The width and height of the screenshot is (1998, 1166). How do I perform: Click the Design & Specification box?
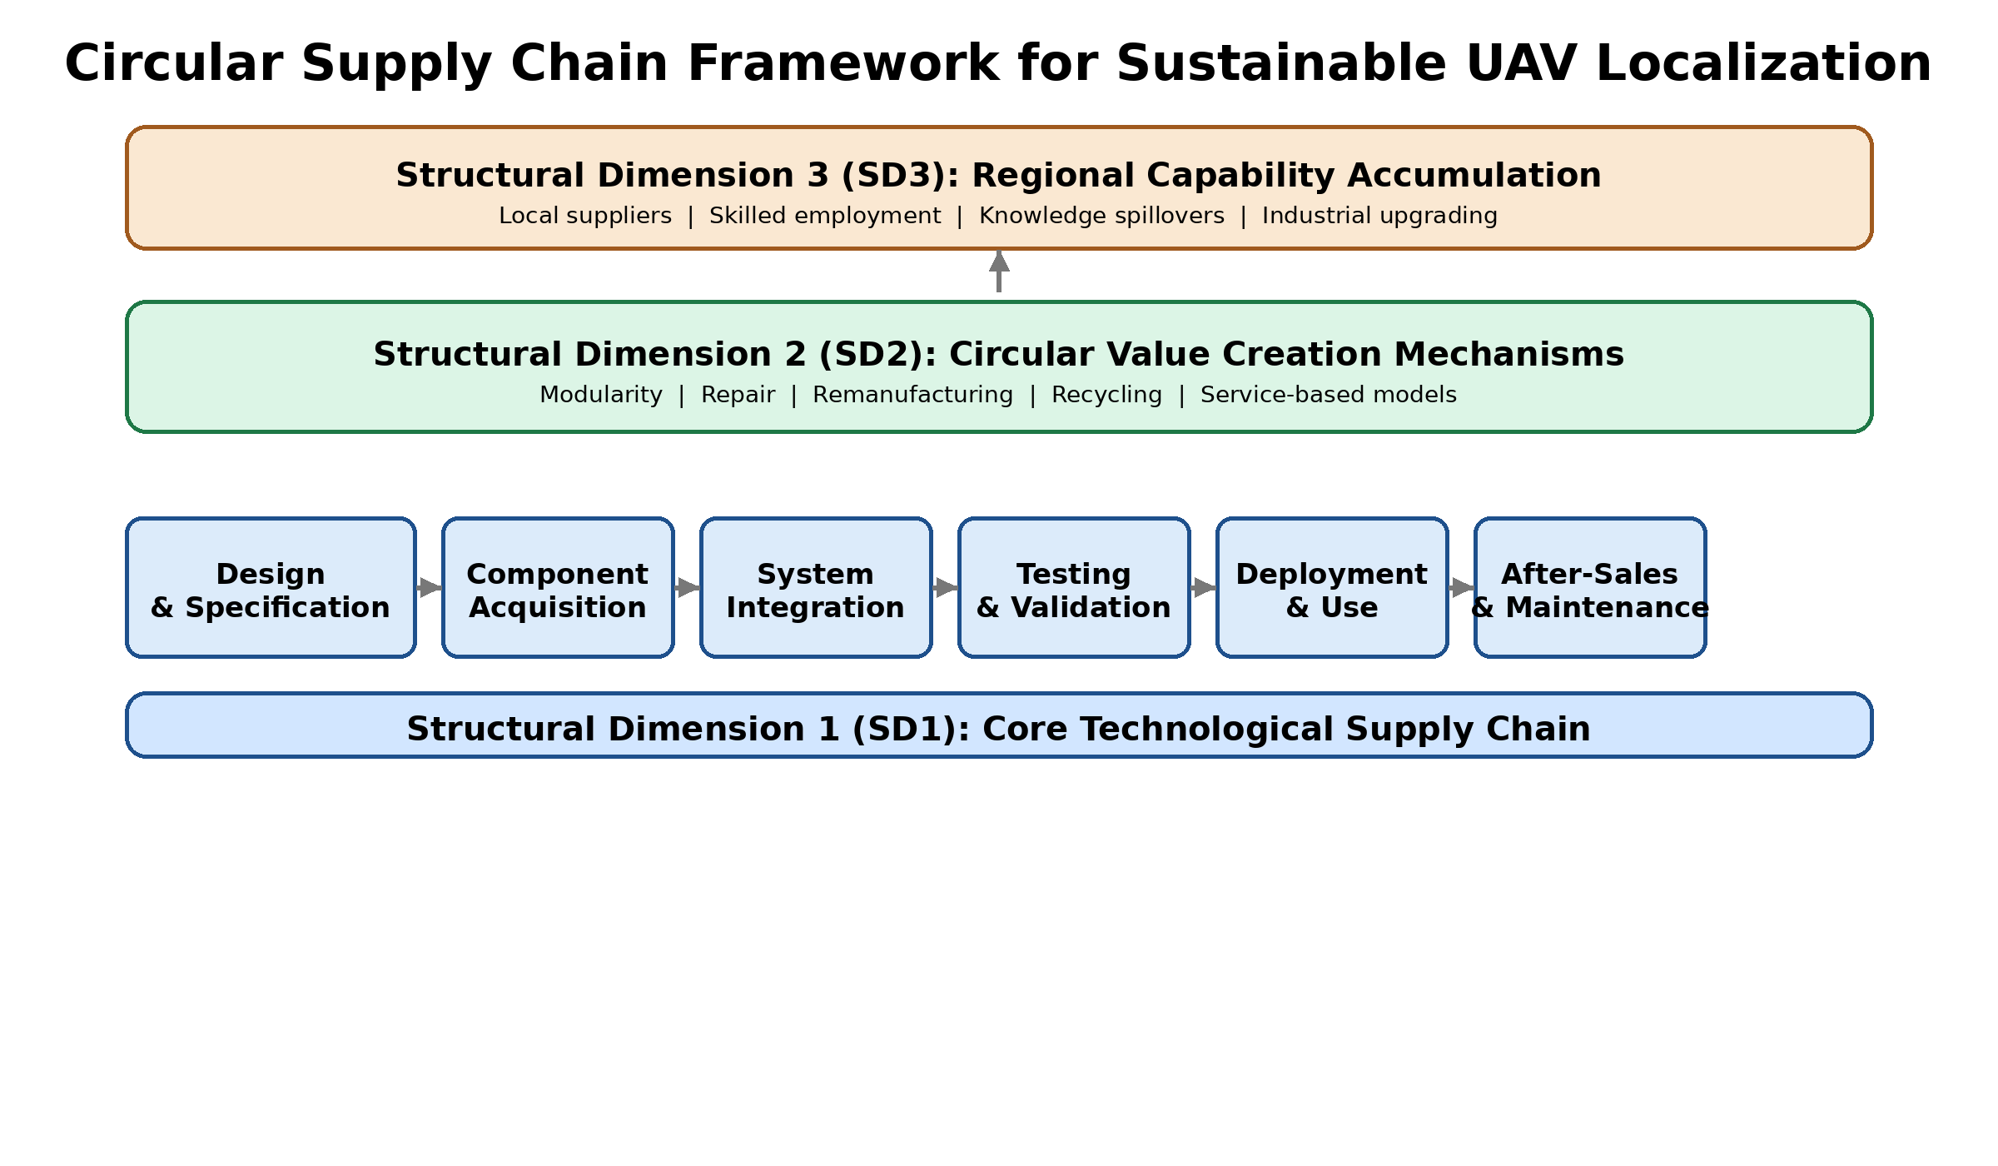pyautogui.click(x=271, y=588)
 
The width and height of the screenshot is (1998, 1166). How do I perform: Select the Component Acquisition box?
pyautogui.click(x=558, y=588)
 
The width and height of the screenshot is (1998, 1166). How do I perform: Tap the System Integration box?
pyautogui.click(x=816, y=588)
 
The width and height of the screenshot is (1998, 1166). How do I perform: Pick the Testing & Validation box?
pyautogui.click(x=1074, y=588)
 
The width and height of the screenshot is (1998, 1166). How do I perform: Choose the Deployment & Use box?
pyautogui.click(x=1332, y=588)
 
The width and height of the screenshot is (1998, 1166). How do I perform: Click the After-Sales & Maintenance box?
pyautogui.click(x=1590, y=588)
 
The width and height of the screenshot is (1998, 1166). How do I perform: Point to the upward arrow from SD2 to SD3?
pyautogui.click(x=999, y=272)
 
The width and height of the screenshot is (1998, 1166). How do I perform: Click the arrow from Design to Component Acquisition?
pyautogui.click(x=429, y=588)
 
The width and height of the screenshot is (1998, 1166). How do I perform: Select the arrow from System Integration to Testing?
pyautogui.click(x=945, y=588)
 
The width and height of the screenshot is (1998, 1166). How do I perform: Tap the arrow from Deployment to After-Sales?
pyautogui.click(x=1461, y=588)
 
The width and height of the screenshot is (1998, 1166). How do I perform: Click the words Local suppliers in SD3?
pyautogui.click(x=585, y=216)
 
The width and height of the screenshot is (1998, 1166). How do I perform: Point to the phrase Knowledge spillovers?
pyautogui.click(x=1101, y=216)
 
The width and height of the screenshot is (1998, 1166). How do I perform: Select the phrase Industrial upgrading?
pyautogui.click(x=1379, y=216)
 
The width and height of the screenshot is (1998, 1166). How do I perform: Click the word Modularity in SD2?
pyautogui.click(x=601, y=395)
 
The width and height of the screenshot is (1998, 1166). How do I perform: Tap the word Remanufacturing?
pyautogui.click(x=912, y=395)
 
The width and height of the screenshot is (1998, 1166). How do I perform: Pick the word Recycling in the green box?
pyautogui.click(x=1106, y=395)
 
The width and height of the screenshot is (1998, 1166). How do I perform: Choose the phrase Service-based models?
pyautogui.click(x=1328, y=395)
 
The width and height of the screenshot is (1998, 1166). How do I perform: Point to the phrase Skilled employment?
pyautogui.click(x=825, y=216)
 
